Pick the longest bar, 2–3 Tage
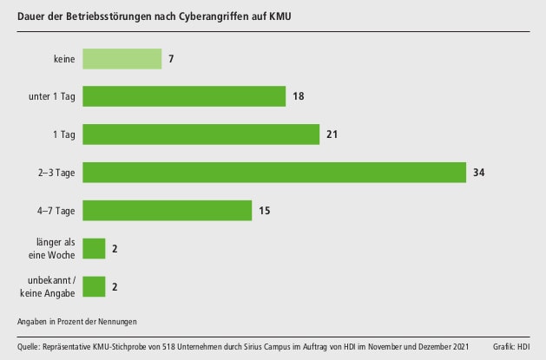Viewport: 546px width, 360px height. [x=274, y=173]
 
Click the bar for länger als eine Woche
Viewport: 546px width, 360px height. [x=94, y=249]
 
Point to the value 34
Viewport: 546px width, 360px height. [x=478, y=173]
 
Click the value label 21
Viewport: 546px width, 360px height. [x=332, y=134]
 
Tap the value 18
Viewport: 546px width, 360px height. [x=298, y=96]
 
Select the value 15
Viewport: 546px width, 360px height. [x=264, y=211]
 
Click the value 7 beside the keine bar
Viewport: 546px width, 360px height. [x=172, y=58]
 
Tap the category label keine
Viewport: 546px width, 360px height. [x=64, y=58]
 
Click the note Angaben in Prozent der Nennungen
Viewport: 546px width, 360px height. [x=76, y=321]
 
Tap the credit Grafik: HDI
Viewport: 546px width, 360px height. [x=511, y=347]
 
